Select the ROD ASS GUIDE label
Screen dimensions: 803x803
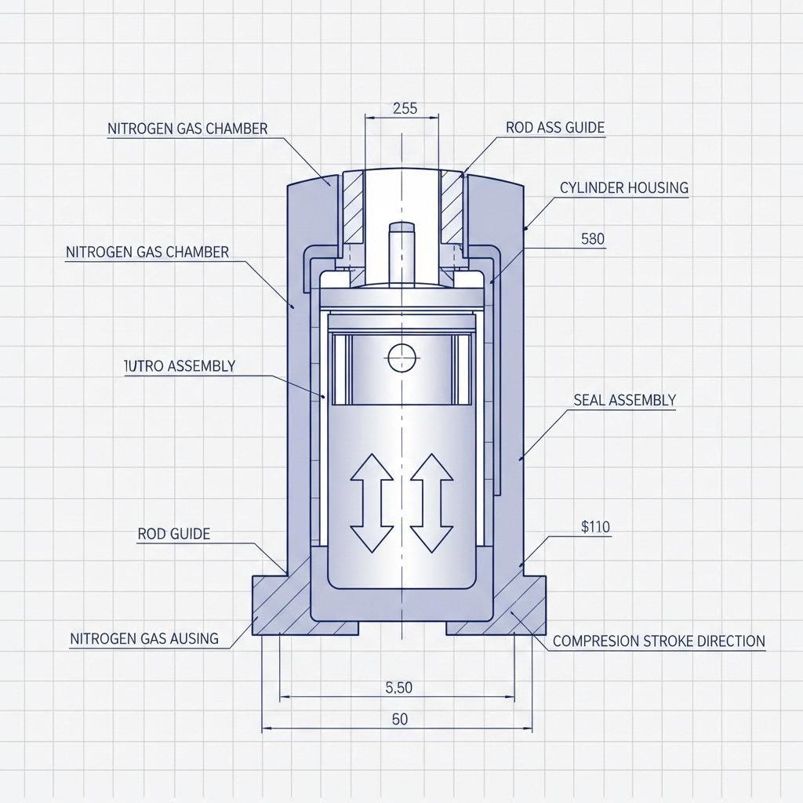(x=555, y=127)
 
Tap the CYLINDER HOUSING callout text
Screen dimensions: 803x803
(x=624, y=187)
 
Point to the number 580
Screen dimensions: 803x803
(x=593, y=239)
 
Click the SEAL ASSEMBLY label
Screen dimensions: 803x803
(x=624, y=400)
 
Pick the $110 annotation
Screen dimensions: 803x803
(x=595, y=528)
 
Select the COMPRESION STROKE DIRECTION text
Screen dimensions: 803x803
(x=659, y=641)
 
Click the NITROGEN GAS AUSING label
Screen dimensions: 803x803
(x=144, y=638)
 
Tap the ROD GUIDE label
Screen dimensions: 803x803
(x=173, y=534)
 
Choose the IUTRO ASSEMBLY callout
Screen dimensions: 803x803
(x=180, y=365)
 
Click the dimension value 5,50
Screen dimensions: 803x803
(x=399, y=688)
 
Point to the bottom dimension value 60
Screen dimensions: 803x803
(x=399, y=720)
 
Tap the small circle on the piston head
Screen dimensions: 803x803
(x=399, y=358)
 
